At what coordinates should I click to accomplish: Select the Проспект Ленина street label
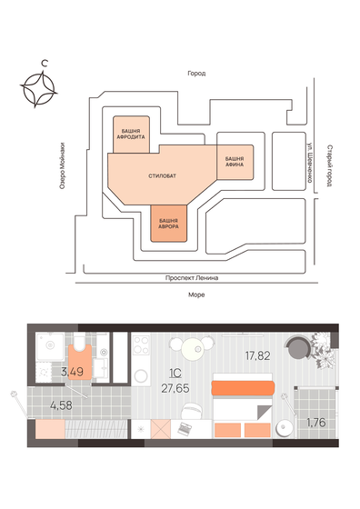coord(194,278)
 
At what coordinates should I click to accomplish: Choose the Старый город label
coord(328,164)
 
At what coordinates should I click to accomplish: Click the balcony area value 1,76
coord(315,422)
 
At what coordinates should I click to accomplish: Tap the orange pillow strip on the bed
coord(242,388)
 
